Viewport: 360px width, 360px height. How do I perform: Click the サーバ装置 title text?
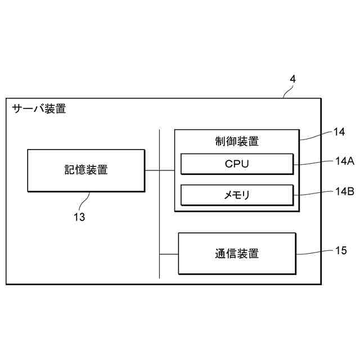39,109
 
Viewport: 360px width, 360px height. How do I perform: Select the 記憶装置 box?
85,170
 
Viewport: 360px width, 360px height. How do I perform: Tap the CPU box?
236,164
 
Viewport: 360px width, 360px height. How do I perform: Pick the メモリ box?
236,195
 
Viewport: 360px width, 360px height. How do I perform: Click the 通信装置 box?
236,253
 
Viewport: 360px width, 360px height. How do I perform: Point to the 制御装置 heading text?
237,141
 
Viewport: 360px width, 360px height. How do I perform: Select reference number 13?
79,217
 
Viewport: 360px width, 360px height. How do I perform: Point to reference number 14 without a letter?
339,132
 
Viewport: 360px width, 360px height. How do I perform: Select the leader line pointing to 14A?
312,164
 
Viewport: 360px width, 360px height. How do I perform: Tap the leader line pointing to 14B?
312,194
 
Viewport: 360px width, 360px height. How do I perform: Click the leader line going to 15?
312,253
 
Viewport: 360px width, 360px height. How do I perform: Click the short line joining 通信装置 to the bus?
169,254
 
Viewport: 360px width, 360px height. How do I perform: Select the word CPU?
236,164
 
